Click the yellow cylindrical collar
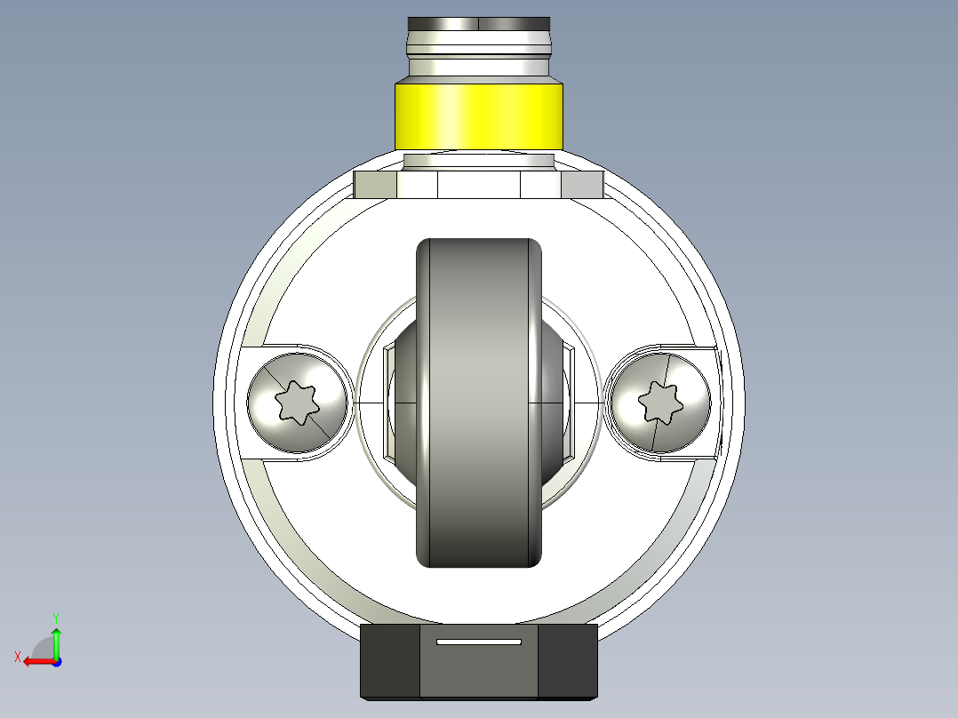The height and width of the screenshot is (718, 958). [x=479, y=116]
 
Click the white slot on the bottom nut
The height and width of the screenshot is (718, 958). [x=479, y=641]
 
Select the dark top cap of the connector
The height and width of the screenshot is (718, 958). [x=479, y=24]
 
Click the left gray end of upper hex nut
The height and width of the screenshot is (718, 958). [x=375, y=185]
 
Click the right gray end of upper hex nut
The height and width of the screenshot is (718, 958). [x=582, y=185]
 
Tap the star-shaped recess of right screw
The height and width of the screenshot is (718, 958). [x=659, y=403]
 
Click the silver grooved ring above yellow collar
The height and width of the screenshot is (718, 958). [x=479, y=58]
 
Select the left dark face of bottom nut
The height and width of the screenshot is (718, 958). [x=389, y=661]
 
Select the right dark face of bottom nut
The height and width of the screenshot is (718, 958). [x=568, y=661]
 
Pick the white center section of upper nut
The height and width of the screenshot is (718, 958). [x=479, y=185]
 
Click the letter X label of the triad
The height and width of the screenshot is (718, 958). [x=17, y=657]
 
